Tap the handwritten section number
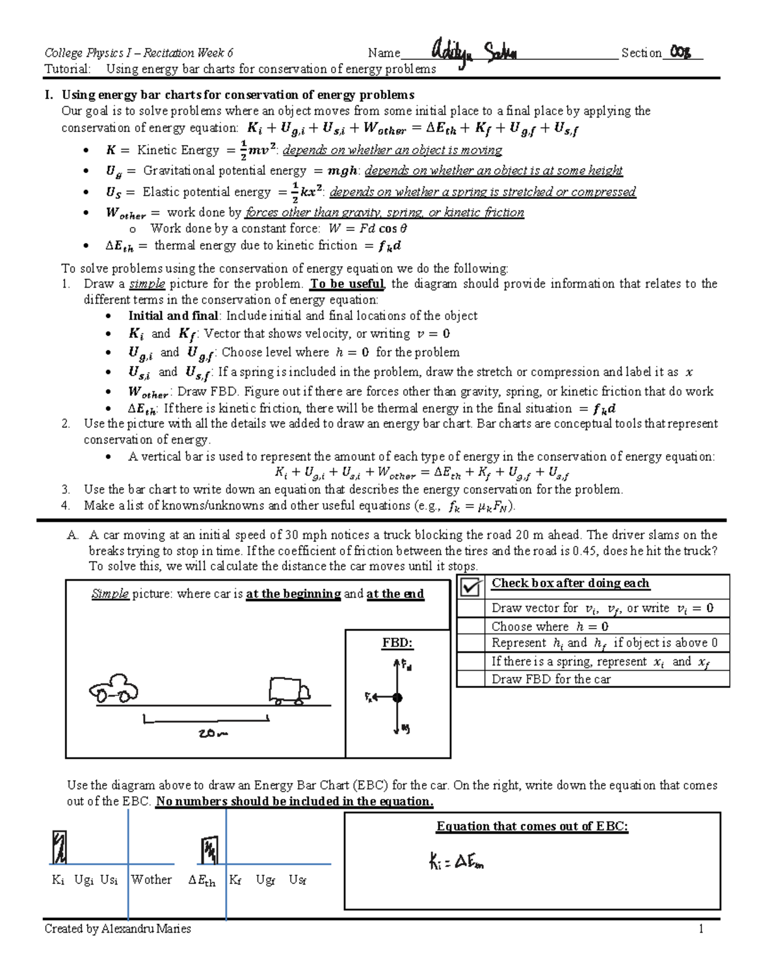(681, 52)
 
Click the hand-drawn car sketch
(114, 689)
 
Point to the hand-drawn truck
(289, 690)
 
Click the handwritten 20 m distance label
(213, 733)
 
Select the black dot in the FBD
(397, 697)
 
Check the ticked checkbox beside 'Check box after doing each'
(471, 587)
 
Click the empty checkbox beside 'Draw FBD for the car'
(471, 679)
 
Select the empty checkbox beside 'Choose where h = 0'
(471, 626)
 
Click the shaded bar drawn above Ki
(59, 847)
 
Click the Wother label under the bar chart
(151, 880)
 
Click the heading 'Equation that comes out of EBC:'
(532, 827)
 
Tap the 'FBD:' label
(397, 643)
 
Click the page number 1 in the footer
(700, 928)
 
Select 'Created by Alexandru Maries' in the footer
(118, 928)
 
